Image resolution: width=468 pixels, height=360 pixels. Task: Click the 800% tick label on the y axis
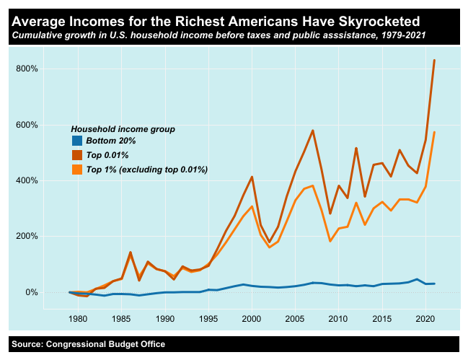click(x=26, y=69)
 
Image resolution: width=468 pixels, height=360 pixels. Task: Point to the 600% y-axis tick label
click(x=26, y=125)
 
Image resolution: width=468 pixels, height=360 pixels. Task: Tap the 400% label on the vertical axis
click(x=26, y=180)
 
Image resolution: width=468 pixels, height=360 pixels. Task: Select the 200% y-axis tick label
click(x=26, y=237)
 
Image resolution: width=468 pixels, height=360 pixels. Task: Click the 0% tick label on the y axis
click(x=30, y=292)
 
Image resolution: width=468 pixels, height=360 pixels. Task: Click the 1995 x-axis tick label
click(x=208, y=318)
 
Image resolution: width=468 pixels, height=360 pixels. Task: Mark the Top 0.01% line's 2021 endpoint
click(x=434, y=60)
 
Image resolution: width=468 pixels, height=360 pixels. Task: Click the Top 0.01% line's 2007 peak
click(x=312, y=131)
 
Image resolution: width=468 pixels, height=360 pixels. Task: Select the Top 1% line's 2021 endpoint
click(x=434, y=132)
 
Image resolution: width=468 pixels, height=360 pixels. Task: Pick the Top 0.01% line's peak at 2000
click(x=252, y=177)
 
